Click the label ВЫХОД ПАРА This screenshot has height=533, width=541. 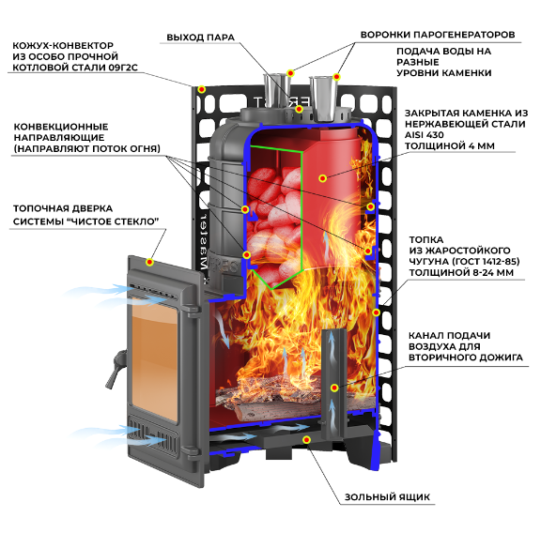(x=200, y=38)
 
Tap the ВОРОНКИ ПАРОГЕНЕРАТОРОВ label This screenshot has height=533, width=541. (x=438, y=35)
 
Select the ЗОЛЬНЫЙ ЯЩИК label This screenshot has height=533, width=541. (x=387, y=496)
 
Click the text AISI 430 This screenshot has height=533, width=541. (x=424, y=135)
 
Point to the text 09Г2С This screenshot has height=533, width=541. (x=123, y=68)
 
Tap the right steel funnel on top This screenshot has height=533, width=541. (x=323, y=99)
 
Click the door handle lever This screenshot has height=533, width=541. (x=116, y=369)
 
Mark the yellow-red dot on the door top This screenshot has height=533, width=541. (x=149, y=263)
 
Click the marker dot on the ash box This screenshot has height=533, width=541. (x=306, y=439)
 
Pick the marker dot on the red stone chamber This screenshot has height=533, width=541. (x=322, y=178)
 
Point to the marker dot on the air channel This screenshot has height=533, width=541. (x=334, y=388)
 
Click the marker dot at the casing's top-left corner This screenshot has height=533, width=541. (x=202, y=90)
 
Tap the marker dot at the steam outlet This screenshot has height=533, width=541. (x=299, y=109)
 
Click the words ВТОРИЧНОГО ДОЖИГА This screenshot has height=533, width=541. (x=466, y=358)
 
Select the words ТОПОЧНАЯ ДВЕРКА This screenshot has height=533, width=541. (x=63, y=208)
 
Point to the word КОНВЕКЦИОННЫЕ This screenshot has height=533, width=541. (x=61, y=127)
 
